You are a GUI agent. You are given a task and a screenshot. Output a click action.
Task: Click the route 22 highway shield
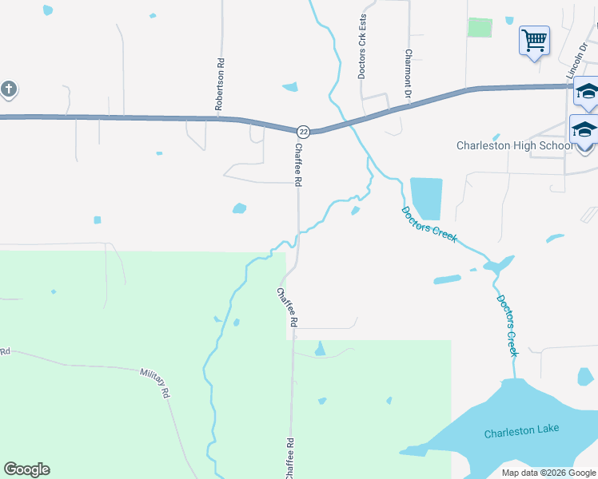(303, 131)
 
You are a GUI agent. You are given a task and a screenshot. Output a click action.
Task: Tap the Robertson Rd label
(218, 84)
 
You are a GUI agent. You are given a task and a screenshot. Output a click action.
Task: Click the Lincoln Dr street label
(576, 61)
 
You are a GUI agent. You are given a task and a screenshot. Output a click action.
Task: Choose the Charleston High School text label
(514, 145)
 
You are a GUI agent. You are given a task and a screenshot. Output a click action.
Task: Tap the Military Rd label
(155, 383)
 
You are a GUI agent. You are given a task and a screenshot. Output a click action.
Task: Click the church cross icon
(8, 89)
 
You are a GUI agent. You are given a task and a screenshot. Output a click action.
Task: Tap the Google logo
(26, 469)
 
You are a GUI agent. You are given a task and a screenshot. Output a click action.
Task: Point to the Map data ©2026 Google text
(548, 473)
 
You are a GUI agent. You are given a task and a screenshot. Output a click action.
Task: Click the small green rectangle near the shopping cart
(480, 26)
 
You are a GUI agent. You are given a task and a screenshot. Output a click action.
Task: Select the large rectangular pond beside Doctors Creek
(425, 198)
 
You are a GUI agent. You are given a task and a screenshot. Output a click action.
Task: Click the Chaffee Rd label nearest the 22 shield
(297, 165)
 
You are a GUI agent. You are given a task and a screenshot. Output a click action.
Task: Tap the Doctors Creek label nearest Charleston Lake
(508, 325)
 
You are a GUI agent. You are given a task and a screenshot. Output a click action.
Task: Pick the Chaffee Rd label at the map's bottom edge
(289, 458)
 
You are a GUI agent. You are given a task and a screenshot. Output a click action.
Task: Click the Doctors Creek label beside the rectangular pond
(429, 224)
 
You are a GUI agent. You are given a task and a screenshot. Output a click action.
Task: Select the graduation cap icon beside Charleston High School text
(584, 129)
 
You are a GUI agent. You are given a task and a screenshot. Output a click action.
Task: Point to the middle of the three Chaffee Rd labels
(287, 307)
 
